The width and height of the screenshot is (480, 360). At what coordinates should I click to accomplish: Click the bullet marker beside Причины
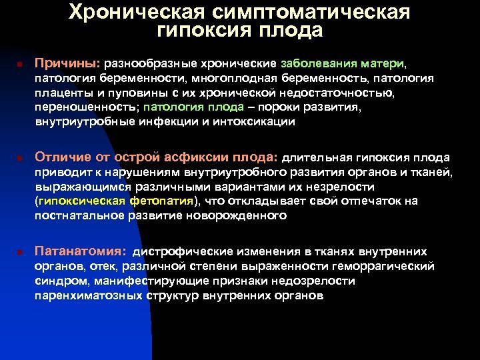20,65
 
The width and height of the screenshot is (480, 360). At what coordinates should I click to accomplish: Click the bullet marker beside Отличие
20,159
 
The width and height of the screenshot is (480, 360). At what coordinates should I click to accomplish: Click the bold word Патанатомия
79,252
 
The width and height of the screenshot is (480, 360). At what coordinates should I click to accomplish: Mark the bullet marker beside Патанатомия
20,253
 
